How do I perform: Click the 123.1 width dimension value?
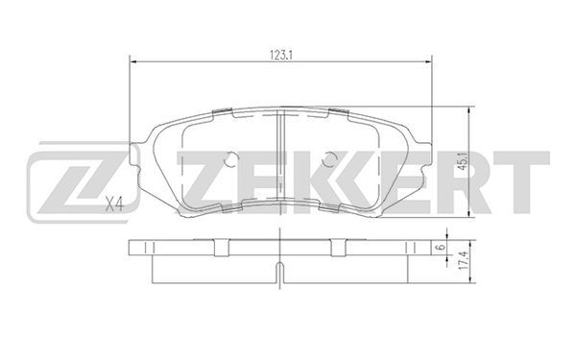(x=280, y=56)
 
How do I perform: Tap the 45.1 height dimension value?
(x=464, y=162)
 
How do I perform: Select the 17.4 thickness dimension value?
(x=464, y=261)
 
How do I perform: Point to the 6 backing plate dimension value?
(x=441, y=248)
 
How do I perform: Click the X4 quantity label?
(x=114, y=204)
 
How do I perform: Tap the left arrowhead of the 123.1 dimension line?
(x=133, y=62)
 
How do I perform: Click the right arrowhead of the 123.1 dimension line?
(x=428, y=62)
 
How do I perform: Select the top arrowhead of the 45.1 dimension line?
(x=468, y=110)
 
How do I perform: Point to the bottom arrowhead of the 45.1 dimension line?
(x=468, y=214)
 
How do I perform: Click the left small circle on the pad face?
(x=230, y=159)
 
